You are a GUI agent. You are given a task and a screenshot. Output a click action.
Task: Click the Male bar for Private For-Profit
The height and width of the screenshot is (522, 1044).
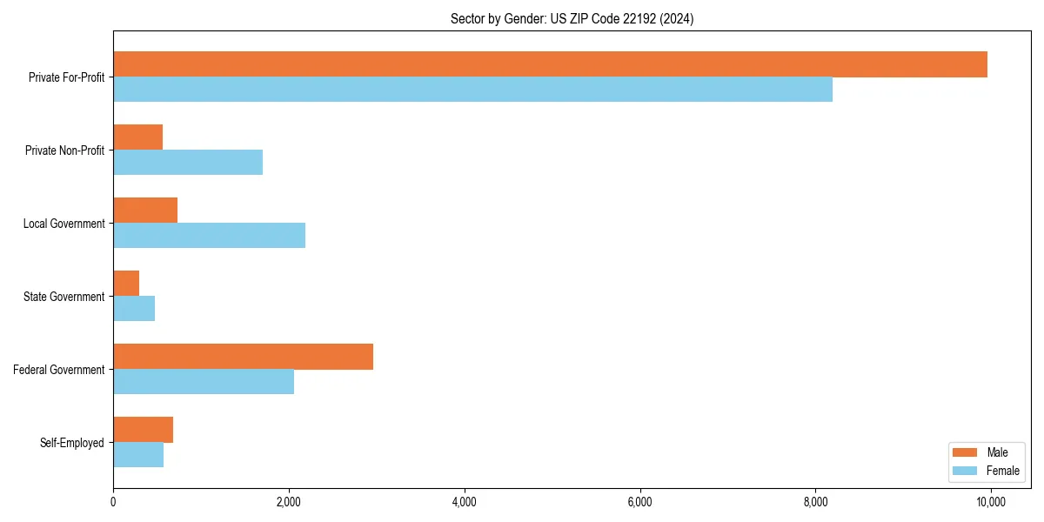550,64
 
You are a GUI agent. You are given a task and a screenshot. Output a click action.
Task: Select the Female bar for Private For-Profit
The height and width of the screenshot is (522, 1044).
472,90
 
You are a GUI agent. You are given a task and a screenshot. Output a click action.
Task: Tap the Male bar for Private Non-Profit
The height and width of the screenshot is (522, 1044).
137,137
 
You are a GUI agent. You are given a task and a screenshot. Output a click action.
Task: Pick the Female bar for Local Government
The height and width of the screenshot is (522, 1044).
209,236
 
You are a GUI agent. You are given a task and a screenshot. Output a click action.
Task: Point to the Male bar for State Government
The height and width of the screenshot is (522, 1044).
126,284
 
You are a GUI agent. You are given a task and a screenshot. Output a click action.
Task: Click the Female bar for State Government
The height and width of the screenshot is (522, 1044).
134,309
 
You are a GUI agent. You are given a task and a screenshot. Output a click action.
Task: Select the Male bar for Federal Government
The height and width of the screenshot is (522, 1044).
243,357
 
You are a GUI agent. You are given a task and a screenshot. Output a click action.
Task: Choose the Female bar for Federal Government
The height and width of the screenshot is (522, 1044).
204,382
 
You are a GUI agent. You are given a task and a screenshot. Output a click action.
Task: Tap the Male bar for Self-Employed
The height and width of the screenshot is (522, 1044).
143,430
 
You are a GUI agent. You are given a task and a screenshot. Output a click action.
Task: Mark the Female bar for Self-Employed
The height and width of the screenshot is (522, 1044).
138,455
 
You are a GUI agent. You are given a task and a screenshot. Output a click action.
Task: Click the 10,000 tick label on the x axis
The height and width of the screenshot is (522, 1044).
990,502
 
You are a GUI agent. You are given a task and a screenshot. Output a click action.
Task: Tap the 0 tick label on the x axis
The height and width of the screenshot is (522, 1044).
113,502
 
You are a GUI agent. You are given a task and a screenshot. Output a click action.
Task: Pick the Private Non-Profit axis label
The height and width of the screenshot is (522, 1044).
64,151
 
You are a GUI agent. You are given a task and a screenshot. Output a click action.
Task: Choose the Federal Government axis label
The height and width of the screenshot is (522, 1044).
58,370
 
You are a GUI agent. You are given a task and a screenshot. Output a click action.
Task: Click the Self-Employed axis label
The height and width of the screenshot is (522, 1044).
71,443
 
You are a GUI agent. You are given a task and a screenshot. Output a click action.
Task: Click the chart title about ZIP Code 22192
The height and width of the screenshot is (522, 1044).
572,18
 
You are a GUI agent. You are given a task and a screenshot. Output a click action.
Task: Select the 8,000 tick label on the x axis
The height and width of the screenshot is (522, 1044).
815,502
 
